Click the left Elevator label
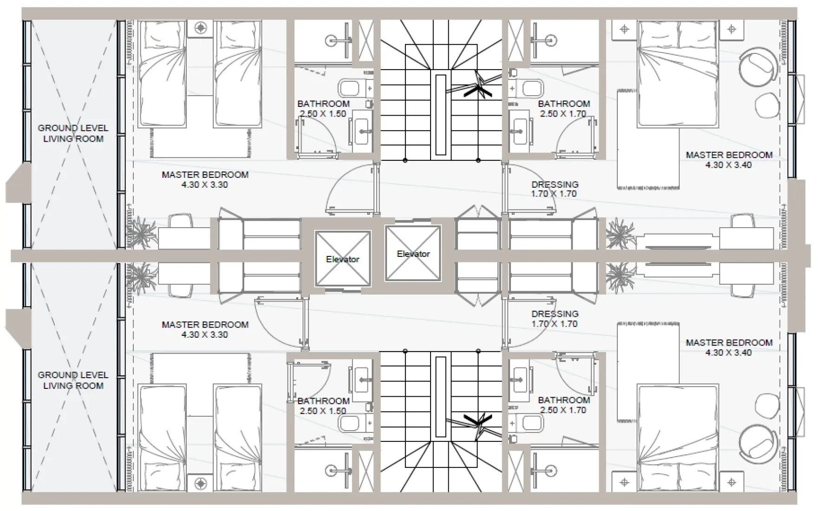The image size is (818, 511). (342, 259)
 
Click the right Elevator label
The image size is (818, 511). (413, 254)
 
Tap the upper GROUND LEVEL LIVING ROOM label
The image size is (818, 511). (73, 133)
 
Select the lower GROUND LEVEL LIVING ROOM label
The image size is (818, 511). (73, 380)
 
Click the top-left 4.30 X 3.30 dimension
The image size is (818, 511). (204, 185)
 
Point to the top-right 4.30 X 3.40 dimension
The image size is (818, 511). (728, 165)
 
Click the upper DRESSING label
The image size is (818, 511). (555, 184)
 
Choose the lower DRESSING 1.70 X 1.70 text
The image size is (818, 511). (555, 319)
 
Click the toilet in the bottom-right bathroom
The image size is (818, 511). (530, 423)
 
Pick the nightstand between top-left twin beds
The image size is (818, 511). (201, 28)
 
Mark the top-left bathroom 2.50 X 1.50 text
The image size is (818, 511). (323, 114)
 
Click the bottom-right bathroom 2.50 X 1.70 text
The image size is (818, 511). (563, 410)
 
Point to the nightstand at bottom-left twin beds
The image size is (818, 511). (201, 484)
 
